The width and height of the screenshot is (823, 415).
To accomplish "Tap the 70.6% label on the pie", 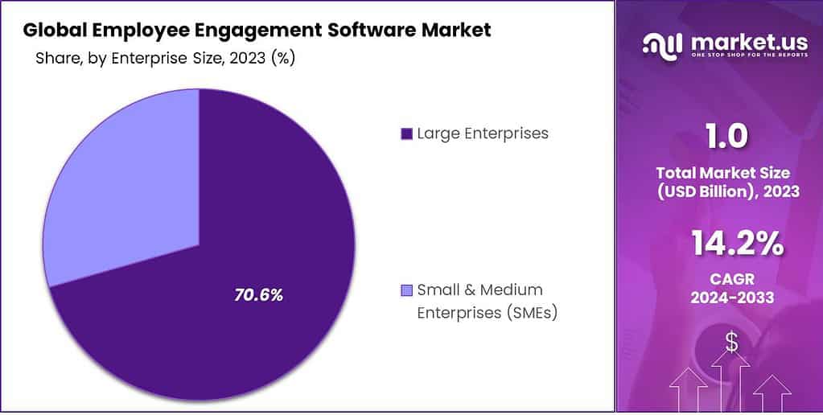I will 258,295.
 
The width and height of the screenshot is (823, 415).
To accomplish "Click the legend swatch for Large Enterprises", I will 406,134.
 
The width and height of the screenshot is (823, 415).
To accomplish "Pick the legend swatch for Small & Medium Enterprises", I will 406,290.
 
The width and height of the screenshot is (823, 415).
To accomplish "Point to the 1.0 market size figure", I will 726,137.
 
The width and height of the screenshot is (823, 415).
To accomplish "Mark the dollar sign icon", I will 731,342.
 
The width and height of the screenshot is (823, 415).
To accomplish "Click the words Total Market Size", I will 723,172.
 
